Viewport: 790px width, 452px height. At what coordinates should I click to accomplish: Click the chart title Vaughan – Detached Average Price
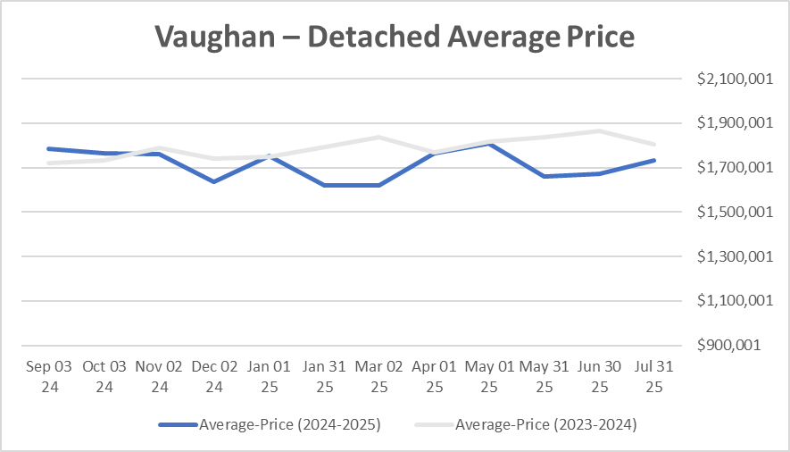[x=395, y=37]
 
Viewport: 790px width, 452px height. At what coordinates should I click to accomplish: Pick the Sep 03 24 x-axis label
[x=49, y=376]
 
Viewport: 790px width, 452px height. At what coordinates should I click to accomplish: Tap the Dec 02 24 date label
[x=214, y=376]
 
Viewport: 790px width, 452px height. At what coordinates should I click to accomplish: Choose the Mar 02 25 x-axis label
[x=379, y=376]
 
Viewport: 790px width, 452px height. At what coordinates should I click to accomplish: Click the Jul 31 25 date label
[x=654, y=376]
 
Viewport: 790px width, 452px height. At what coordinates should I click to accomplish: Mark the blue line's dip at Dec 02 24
[x=214, y=181]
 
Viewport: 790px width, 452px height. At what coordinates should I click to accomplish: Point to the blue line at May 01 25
[x=489, y=144]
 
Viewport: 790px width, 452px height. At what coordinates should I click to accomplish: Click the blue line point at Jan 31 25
[x=324, y=185]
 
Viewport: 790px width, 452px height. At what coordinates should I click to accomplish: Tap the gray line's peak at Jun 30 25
[x=600, y=131]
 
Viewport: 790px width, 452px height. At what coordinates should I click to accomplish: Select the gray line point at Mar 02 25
[x=379, y=137]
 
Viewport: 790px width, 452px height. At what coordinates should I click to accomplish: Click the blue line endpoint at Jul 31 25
[x=654, y=161]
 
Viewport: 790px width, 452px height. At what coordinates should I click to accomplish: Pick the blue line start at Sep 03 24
[x=49, y=148]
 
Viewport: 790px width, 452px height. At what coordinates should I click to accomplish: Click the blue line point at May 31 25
[x=545, y=176]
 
